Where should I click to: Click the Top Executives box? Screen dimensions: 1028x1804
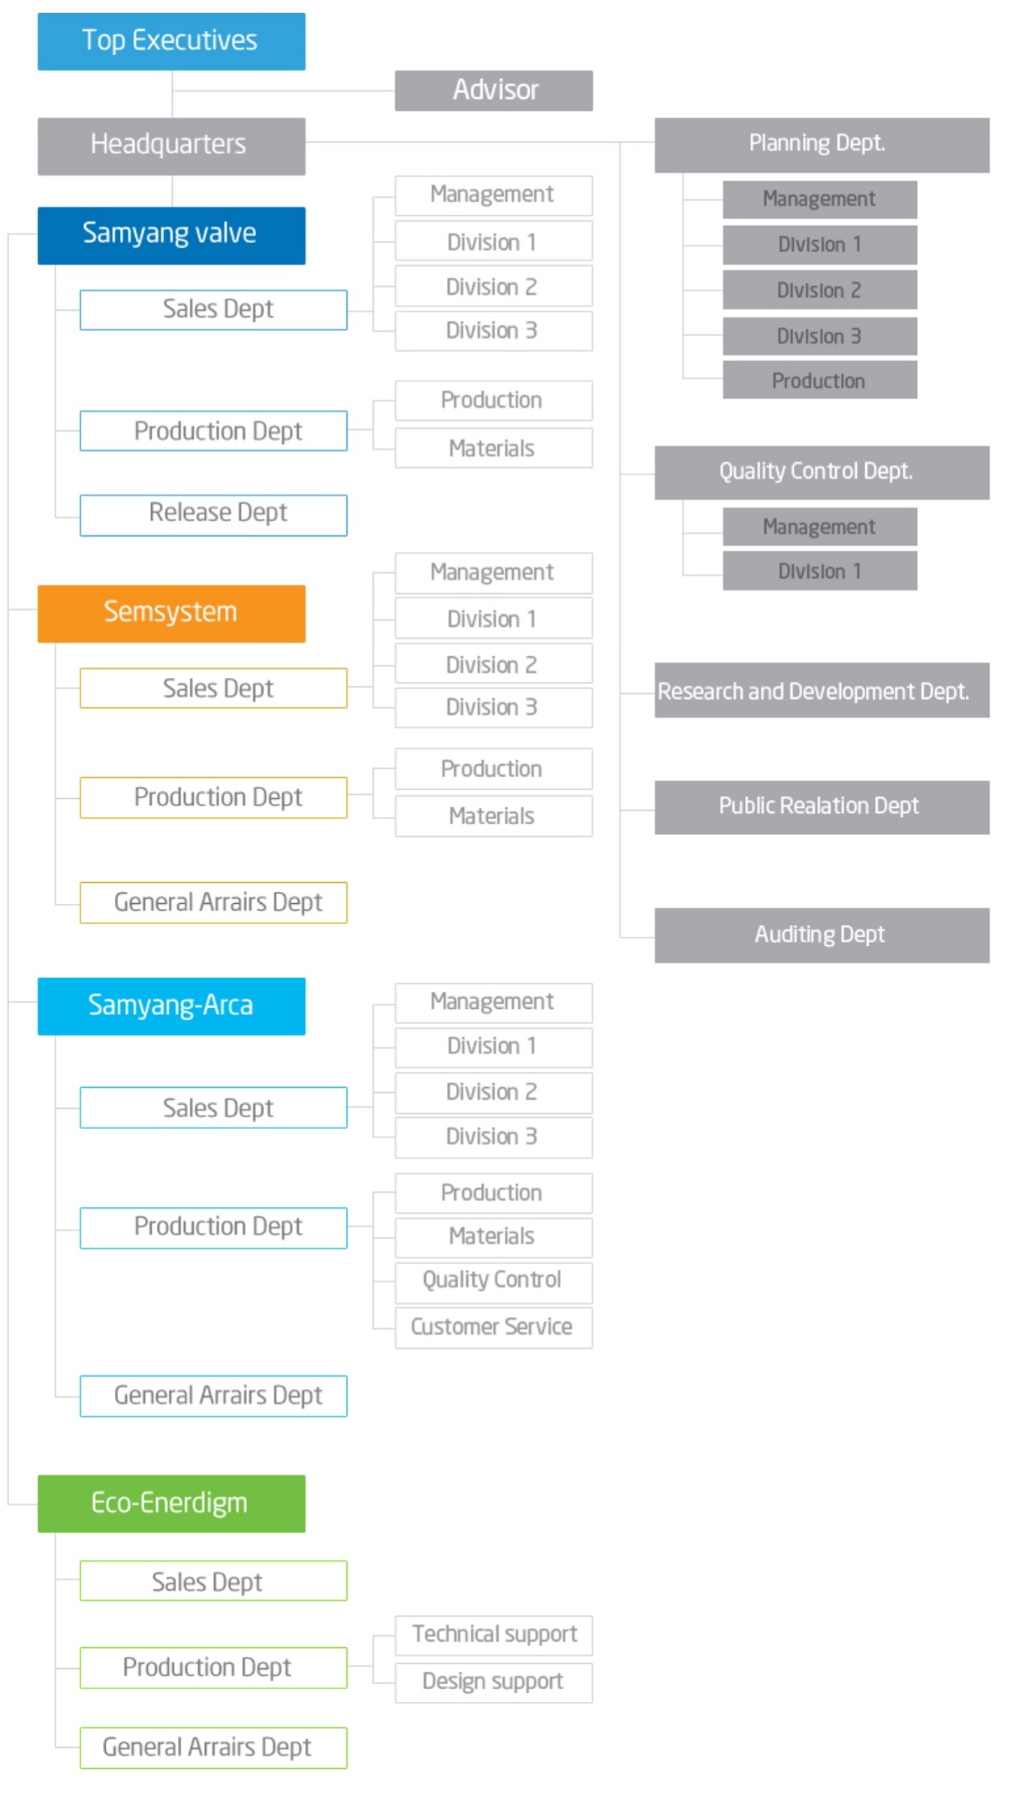[x=171, y=41]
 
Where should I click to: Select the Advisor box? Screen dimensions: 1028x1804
[x=493, y=91]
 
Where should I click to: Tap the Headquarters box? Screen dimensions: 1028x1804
[x=171, y=146]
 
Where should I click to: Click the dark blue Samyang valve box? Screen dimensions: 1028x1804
[x=171, y=236]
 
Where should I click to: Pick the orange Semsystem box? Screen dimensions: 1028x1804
[x=171, y=613]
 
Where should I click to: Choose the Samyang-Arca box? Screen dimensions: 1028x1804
[x=171, y=1006]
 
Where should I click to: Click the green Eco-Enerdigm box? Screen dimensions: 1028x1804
[x=171, y=1504]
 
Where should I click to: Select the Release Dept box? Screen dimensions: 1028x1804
[x=213, y=515]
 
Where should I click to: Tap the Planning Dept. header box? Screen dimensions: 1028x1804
[x=821, y=145]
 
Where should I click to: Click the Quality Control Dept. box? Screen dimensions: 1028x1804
[x=821, y=473]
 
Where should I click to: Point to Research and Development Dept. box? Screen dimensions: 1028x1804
[x=821, y=690]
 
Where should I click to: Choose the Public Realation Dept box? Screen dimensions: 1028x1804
[x=821, y=807]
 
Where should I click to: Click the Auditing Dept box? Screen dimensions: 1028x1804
[x=821, y=935]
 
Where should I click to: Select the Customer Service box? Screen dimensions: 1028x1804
[x=493, y=1327]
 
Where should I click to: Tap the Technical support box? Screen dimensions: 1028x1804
[x=493, y=1635]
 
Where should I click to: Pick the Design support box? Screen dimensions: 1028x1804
[x=493, y=1682]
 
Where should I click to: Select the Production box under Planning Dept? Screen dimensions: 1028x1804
[x=820, y=380]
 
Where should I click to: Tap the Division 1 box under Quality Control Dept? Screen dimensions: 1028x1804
[x=820, y=571]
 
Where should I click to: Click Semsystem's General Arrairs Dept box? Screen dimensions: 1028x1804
[x=213, y=902]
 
